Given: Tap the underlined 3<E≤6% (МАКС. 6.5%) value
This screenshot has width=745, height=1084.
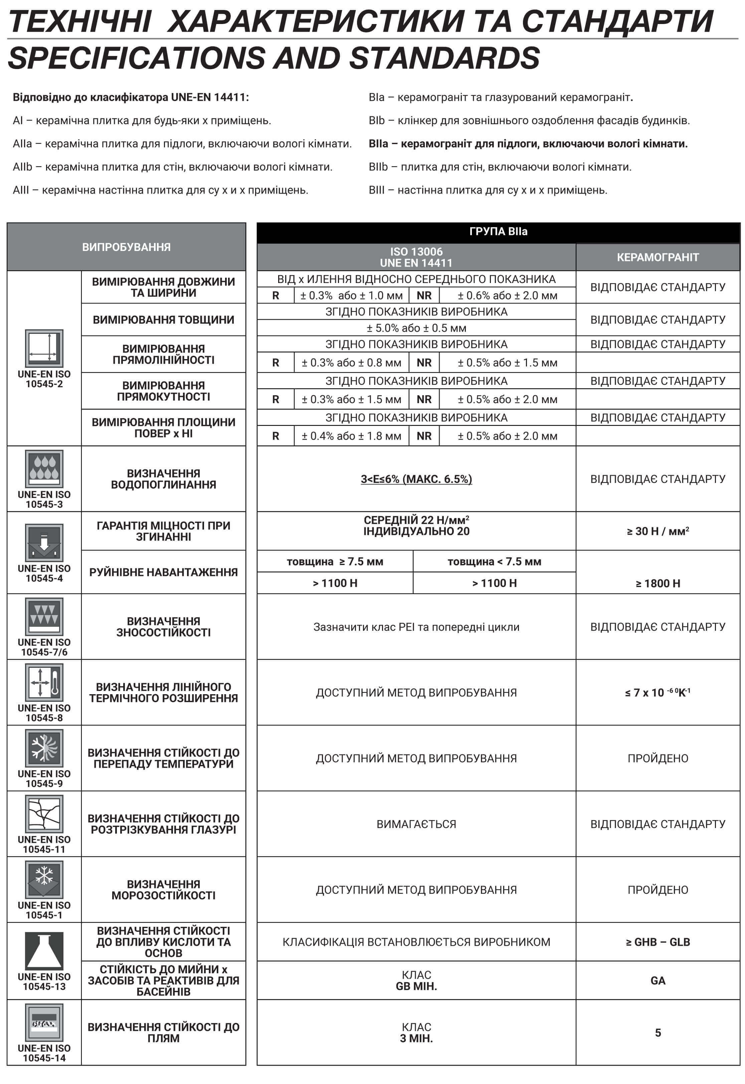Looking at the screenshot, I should point(416,479).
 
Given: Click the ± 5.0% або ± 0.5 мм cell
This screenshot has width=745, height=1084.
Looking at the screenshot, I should point(416,328).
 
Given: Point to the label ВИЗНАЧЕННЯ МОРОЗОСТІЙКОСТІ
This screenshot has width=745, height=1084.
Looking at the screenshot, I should point(163,889).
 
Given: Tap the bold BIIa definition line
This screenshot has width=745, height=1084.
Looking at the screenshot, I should point(528,144).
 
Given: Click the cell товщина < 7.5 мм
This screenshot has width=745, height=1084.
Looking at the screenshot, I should point(494,562).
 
